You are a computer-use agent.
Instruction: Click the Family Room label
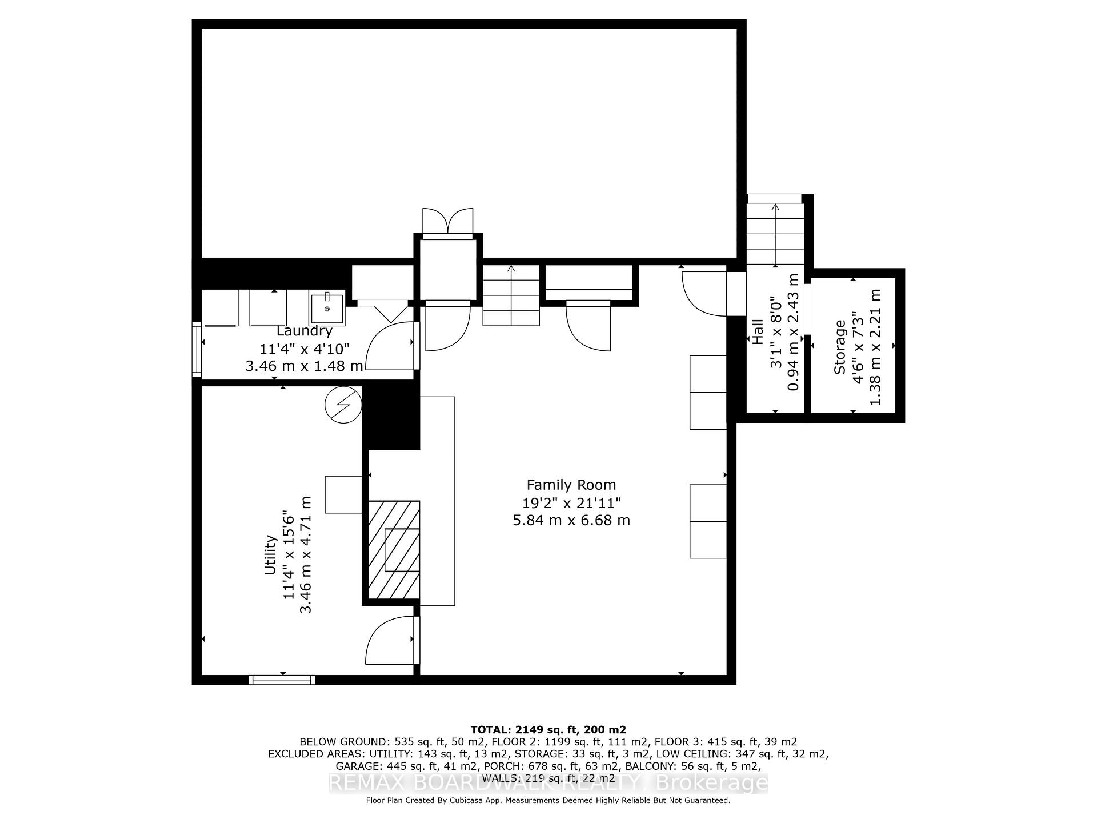[x=571, y=485]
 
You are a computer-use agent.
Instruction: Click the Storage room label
[x=839, y=347]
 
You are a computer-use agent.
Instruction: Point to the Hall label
[x=758, y=331]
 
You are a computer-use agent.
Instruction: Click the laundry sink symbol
[x=327, y=309]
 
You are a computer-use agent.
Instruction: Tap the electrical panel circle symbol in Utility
[x=343, y=405]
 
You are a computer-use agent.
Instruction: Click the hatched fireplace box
[x=394, y=550]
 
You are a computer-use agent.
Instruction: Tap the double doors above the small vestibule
[x=447, y=222]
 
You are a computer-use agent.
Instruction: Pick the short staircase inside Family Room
[x=511, y=295]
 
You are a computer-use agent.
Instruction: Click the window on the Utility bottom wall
[x=282, y=680]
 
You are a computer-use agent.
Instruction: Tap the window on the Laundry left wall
[x=197, y=349]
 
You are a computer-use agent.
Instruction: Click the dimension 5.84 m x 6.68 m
[x=571, y=521]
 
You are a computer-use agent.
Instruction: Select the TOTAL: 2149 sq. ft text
[x=548, y=730]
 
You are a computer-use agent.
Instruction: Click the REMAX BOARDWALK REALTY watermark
[x=548, y=784]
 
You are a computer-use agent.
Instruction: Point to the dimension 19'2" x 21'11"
[x=571, y=503]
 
